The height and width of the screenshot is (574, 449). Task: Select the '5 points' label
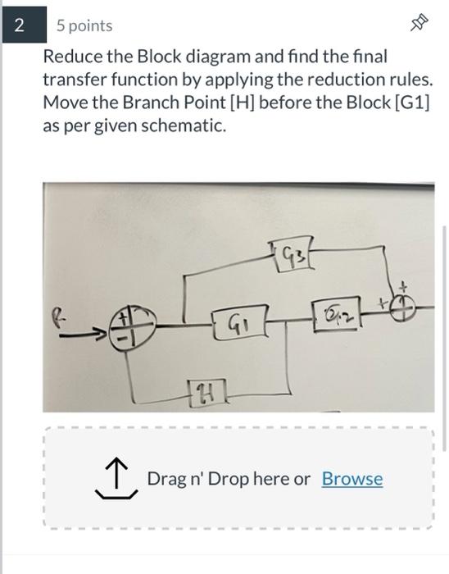click(84, 25)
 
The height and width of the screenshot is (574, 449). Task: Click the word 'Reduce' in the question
click(70, 57)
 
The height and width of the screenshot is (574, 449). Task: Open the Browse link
click(351, 479)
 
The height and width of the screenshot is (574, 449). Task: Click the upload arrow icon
click(115, 479)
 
